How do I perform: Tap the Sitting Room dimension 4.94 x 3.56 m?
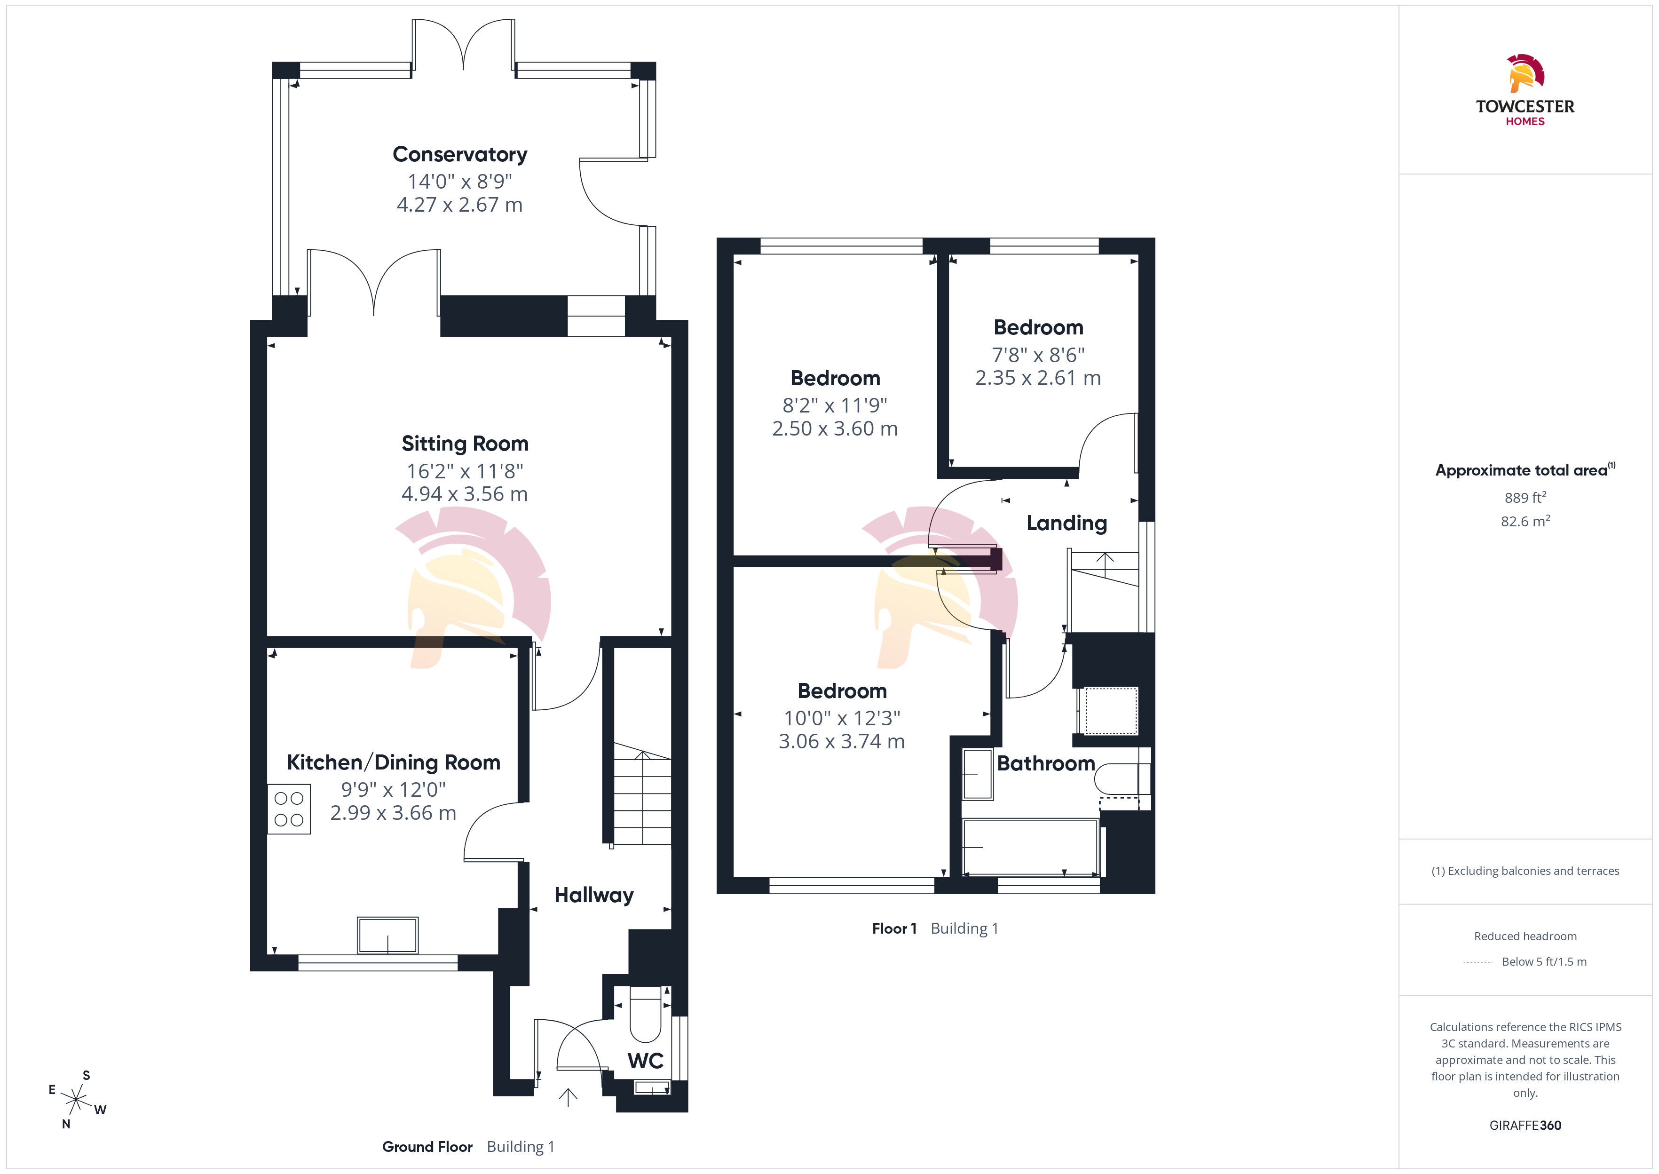pyautogui.click(x=465, y=494)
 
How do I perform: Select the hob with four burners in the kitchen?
pyautogui.click(x=289, y=809)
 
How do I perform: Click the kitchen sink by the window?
pyautogui.click(x=387, y=936)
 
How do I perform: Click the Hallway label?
pyautogui.click(x=594, y=895)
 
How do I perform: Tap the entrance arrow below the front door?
pyautogui.click(x=568, y=1097)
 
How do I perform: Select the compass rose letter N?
pyautogui.click(x=66, y=1124)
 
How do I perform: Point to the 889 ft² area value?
pyautogui.click(x=1525, y=497)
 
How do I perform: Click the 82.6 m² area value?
pyautogui.click(x=1525, y=521)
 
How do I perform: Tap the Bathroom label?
pyautogui.click(x=1045, y=763)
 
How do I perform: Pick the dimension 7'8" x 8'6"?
pyautogui.click(x=1038, y=355)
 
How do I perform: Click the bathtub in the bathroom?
pyautogui.click(x=1030, y=847)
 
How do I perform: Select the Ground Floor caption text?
pyautogui.click(x=427, y=1147)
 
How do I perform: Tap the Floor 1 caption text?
pyautogui.click(x=894, y=928)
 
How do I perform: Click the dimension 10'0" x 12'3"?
pyautogui.click(x=842, y=718)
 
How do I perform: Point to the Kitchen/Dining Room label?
pyautogui.click(x=393, y=762)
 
